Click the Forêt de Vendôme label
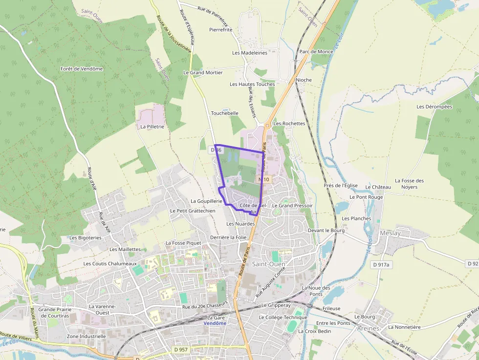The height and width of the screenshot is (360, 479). [x=82, y=69]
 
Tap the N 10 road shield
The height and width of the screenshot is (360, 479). [x=264, y=180]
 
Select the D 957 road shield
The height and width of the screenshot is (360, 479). [x=181, y=350]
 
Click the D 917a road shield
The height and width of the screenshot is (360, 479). [x=381, y=265]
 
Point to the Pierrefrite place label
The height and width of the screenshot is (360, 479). [x=221, y=30]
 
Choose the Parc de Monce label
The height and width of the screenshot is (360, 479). [x=316, y=52]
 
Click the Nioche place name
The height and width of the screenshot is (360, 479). [x=304, y=80]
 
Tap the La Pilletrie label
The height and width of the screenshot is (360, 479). [x=152, y=127]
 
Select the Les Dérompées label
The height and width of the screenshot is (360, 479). [x=435, y=106]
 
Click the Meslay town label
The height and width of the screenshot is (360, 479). [x=390, y=233]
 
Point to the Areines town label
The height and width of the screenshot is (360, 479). [x=368, y=328]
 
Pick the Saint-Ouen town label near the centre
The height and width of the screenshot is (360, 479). [x=268, y=264]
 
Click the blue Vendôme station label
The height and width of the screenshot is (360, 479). [x=215, y=323]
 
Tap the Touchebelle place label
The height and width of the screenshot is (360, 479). [x=224, y=113]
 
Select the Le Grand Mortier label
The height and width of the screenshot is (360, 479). [x=203, y=73]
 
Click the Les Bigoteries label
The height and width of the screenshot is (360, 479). [x=86, y=238]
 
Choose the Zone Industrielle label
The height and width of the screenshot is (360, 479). [x=86, y=336]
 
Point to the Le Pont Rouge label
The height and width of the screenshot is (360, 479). [x=366, y=197]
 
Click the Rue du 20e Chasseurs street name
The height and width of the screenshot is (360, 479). [x=205, y=307]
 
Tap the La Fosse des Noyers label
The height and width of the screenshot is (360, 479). [x=409, y=184]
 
